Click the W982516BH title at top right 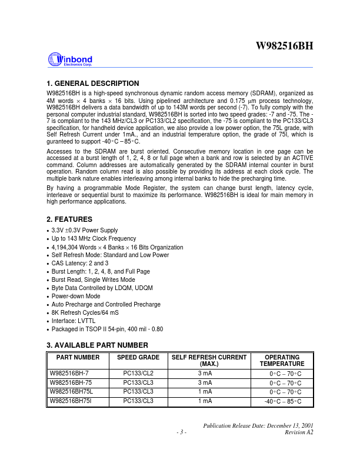point(284,46)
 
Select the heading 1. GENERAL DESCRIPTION point(92,84)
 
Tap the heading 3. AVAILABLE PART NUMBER point(97,345)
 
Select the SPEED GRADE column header point(138,357)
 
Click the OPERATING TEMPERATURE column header point(282,361)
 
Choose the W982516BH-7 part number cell point(68,373)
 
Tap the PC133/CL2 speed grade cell point(138,373)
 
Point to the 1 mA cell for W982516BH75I point(205,401)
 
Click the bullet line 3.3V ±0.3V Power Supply point(85,230)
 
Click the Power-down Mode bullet point(76,296)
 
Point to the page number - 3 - point(181,432)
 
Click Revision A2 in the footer point(299,432)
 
